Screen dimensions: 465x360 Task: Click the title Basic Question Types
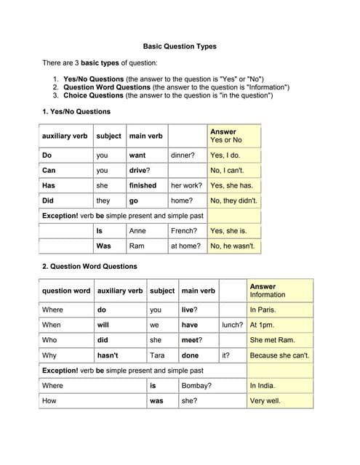pyautogui.click(x=180, y=46)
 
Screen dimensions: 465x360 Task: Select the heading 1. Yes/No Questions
pyautogui.click(x=76, y=112)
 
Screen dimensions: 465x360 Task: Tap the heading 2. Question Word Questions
pyautogui.click(x=89, y=266)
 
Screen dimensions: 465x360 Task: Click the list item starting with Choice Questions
pyautogui.click(x=168, y=95)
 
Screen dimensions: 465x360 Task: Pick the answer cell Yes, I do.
pyautogui.click(x=225, y=155)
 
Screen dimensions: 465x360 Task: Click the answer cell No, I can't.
pyautogui.click(x=228, y=171)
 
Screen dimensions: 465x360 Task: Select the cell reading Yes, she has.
pyautogui.click(x=231, y=185)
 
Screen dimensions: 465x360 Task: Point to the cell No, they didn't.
pyautogui.click(x=233, y=201)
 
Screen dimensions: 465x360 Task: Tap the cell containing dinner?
pyautogui.click(x=183, y=155)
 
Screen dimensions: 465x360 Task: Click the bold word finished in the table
pyautogui.click(x=143, y=185)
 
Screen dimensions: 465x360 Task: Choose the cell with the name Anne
pyautogui.click(x=137, y=231)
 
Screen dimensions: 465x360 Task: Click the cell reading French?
pyautogui.click(x=184, y=231)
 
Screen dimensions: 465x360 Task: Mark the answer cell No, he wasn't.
pyautogui.click(x=233, y=246)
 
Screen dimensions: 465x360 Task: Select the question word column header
pyautogui.click(x=66, y=291)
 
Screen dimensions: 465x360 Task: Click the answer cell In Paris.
pyautogui.click(x=263, y=310)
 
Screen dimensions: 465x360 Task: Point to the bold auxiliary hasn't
pyautogui.click(x=108, y=355)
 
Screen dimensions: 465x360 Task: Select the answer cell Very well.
pyautogui.click(x=265, y=400)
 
